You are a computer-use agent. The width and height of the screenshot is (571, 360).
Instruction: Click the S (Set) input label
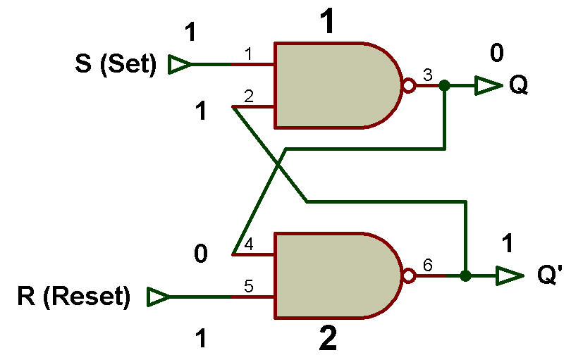click(x=116, y=64)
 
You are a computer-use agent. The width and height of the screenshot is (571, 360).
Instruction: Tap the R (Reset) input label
click(x=73, y=297)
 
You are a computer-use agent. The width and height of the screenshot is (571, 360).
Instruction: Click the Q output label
click(x=519, y=86)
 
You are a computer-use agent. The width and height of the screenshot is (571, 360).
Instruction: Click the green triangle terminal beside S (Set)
click(x=178, y=64)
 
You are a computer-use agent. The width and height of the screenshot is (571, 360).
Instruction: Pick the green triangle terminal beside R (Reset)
click(x=158, y=297)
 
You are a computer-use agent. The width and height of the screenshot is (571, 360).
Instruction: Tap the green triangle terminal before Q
click(x=489, y=86)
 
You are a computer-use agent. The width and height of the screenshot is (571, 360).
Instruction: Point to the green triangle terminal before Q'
click(x=510, y=275)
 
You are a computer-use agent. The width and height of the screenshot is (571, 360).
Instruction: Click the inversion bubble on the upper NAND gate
click(x=409, y=85)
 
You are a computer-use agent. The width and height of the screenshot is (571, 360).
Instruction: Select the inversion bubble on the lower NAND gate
click(x=409, y=275)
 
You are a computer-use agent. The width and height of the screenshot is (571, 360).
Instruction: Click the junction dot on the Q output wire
click(x=444, y=85)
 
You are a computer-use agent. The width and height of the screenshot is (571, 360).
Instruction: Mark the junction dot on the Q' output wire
click(x=465, y=275)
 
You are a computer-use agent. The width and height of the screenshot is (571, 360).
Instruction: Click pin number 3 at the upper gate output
click(x=427, y=75)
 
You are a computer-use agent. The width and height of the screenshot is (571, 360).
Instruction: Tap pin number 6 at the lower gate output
click(x=427, y=265)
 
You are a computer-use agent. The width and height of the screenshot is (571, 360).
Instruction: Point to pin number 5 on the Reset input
click(x=248, y=286)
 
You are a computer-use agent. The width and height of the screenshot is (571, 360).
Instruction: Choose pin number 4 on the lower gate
click(x=248, y=244)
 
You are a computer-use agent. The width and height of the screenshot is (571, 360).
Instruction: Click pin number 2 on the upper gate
click(x=248, y=96)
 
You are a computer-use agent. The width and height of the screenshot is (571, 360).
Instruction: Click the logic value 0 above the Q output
click(x=497, y=52)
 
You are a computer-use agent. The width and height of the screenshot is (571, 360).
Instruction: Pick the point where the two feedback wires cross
click(x=278, y=166)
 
